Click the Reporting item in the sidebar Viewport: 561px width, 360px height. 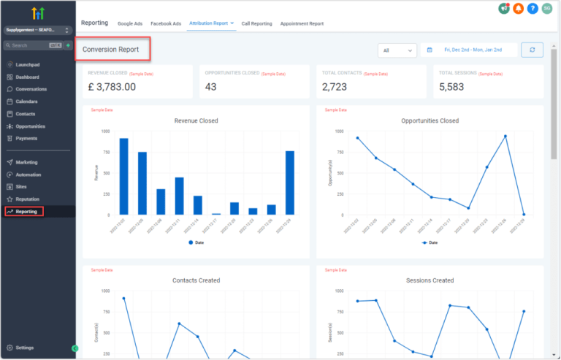click(x=26, y=212)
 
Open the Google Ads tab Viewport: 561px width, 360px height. click(x=130, y=23)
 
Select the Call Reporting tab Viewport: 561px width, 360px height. click(x=256, y=23)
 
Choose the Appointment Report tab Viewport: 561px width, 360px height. click(x=302, y=23)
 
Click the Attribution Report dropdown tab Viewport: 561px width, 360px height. click(x=211, y=23)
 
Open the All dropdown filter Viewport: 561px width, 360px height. click(x=397, y=50)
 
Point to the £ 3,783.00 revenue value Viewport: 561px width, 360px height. click(x=112, y=87)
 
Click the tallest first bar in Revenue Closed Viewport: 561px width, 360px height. click(x=123, y=176)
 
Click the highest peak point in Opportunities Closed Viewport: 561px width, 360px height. click(x=505, y=137)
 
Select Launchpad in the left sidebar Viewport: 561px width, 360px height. click(x=26, y=64)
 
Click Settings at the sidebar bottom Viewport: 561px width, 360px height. click(x=24, y=348)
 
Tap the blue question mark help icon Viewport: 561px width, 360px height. click(x=533, y=9)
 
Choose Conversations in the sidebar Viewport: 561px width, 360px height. click(x=31, y=89)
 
